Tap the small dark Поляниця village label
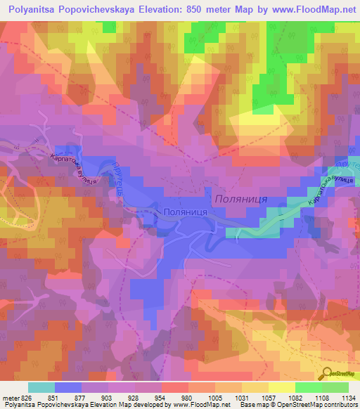pos(184,212)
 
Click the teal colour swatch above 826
pos(41,387)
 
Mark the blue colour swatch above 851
pos(68,387)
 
